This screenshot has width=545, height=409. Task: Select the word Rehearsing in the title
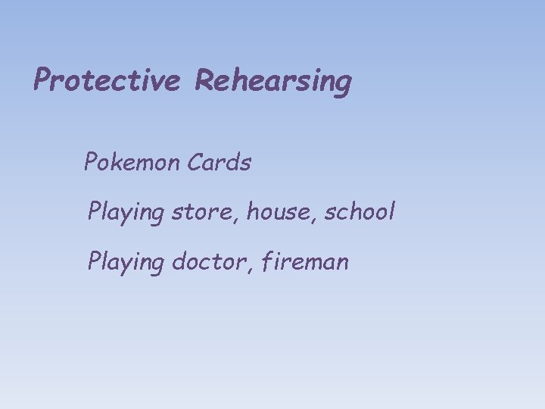(x=273, y=82)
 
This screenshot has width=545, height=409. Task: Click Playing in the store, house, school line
(x=126, y=212)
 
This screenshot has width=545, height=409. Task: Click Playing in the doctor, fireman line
(x=126, y=263)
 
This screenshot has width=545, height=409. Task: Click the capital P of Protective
(x=42, y=80)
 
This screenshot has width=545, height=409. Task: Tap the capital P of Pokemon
(x=91, y=161)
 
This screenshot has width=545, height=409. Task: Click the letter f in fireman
(x=266, y=262)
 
